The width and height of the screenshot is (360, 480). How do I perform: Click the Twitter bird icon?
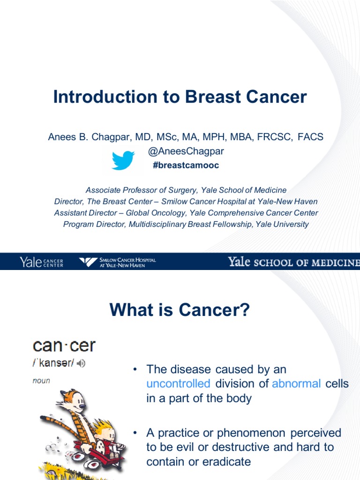tap(123, 160)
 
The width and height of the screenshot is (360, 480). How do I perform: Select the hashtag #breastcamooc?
tap(186, 165)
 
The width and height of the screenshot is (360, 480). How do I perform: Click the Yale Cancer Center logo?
tap(41, 262)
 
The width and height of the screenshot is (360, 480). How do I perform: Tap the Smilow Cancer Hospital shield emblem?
tap(88, 262)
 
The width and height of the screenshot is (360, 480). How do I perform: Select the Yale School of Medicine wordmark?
tap(293, 262)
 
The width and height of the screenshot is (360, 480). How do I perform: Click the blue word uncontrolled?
tap(178, 384)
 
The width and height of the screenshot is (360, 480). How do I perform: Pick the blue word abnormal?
tap(296, 384)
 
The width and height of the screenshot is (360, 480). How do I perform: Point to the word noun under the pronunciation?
tap(41, 381)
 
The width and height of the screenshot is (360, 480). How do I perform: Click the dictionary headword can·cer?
tap(64, 346)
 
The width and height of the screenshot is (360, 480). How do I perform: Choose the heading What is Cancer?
tap(180, 310)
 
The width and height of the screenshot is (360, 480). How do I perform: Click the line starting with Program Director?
tap(186, 224)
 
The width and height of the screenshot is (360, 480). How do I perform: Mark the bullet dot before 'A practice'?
tap(135, 432)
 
